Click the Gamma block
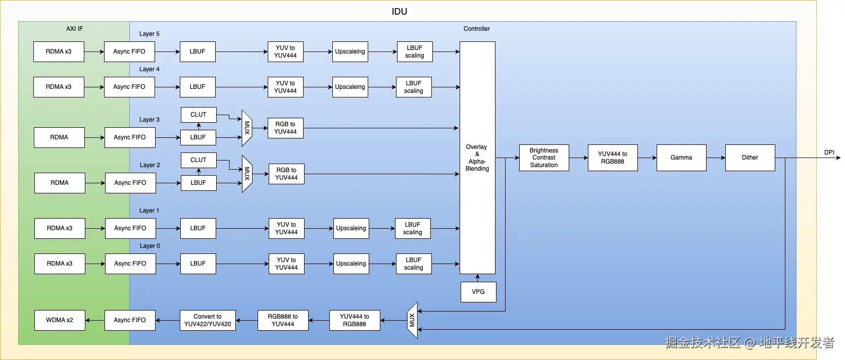pyautogui.click(x=681, y=158)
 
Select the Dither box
pyautogui.click(x=750, y=158)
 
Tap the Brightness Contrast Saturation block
pyautogui.click(x=544, y=158)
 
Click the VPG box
pyautogui.click(x=478, y=292)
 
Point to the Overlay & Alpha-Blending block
pyautogui.click(x=477, y=158)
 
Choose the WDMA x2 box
pyautogui.click(x=60, y=320)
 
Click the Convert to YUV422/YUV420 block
pyautogui.click(x=208, y=320)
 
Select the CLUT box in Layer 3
pyautogui.click(x=198, y=115)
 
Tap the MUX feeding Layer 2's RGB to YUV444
pyautogui.click(x=247, y=174)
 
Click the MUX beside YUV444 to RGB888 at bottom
pyautogui.click(x=412, y=320)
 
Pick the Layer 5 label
pyautogui.click(x=150, y=34)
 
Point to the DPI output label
pyautogui.click(x=829, y=152)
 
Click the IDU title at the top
pyautogui.click(x=399, y=11)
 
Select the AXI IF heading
pyautogui.click(x=74, y=29)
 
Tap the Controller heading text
pyautogui.click(x=476, y=29)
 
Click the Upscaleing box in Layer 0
pyautogui.click(x=351, y=264)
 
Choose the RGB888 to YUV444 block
pyautogui.click(x=283, y=320)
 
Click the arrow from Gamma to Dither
pyautogui.click(x=716, y=158)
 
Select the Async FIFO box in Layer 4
pyautogui.click(x=129, y=87)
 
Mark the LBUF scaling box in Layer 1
pyautogui.click(x=413, y=228)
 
